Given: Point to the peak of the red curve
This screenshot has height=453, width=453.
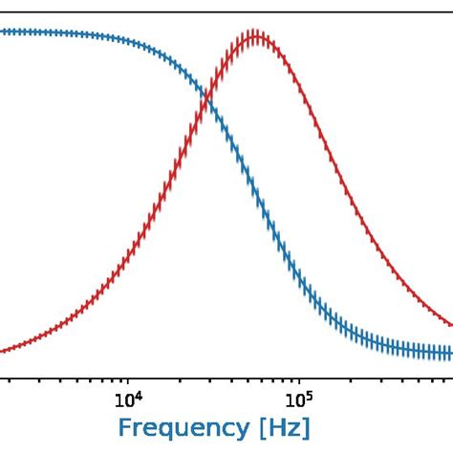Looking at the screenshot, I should point(253,38).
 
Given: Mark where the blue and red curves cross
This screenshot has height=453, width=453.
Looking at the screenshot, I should point(207,97).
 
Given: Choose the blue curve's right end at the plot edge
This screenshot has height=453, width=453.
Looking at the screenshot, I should point(450,353).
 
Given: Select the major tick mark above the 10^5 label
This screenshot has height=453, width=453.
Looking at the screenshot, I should point(298,380).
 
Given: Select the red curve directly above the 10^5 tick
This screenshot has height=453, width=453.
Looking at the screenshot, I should point(298,84).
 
